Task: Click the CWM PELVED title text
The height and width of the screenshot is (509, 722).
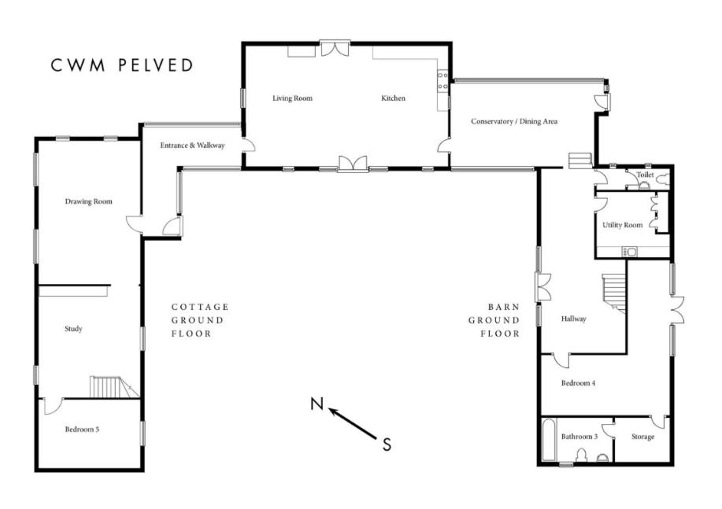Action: [x=122, y=65]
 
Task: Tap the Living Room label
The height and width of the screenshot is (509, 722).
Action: [x=292, y=98]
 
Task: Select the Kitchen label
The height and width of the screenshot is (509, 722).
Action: [x=393, y=98]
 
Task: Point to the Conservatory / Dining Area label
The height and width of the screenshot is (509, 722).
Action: [x=514, y=121]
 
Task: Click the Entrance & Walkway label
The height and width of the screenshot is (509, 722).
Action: [x=192, y=146]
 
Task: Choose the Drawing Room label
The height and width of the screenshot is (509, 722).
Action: [x=88, y=201]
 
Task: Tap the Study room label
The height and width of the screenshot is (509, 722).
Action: [x=74, y=329]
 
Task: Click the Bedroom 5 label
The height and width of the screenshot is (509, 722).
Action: [x=82, y=430]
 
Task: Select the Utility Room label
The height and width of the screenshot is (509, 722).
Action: [x=623, y=225]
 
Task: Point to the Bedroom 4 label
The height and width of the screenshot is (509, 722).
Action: [x=579, y=383]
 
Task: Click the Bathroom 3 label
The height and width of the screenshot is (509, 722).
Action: [x=579, y=437]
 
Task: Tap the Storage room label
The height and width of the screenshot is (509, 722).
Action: [x=642, y=437]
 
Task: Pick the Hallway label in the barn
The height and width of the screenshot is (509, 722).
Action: [x=574, y=319]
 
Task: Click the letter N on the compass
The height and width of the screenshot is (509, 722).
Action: [x=317, y=404]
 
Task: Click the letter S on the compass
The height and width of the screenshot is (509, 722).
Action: [x=387, y=444]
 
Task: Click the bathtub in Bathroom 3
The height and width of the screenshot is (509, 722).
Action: [x=548, y=440]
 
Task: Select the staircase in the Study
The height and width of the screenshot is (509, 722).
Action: [x=113, y=386]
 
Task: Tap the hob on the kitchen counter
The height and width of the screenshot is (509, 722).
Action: [x=442, y=80]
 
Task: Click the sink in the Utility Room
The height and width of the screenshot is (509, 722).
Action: [x=629, y=252]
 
